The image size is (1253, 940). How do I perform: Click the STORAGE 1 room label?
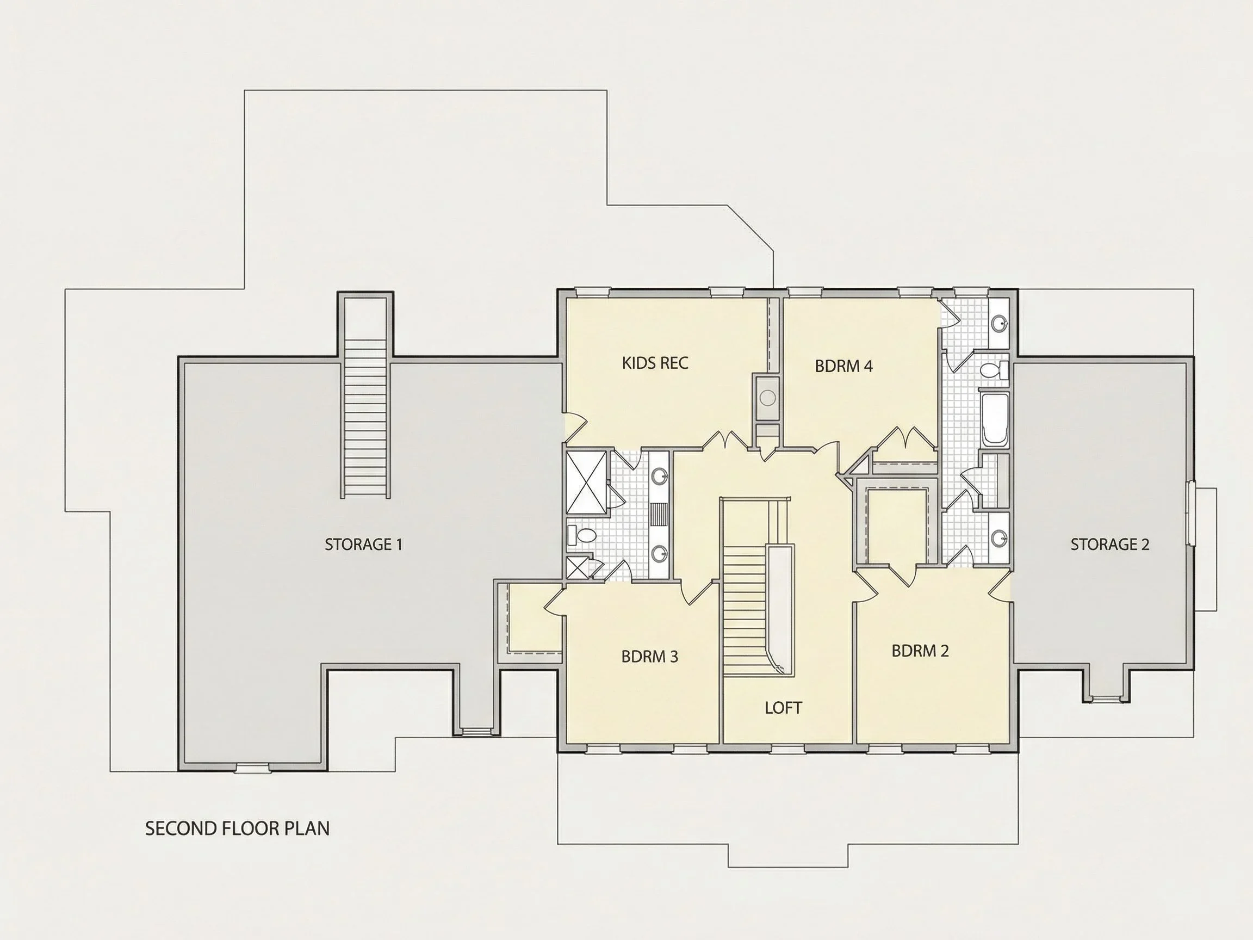[363, 545]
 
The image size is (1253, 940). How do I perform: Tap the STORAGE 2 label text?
[1109, 545]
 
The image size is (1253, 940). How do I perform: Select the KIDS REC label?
[655, 363]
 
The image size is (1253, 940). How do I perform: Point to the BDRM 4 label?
[843, 366]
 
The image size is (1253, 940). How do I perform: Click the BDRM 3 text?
[649, 657]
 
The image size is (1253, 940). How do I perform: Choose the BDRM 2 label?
[920, 651]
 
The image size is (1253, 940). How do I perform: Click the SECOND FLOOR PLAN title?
[237, 828]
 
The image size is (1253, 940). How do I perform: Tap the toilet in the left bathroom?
[583, 534]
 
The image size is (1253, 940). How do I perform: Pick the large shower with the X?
[586, 482]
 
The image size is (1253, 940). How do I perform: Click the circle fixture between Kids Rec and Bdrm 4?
[767, 398]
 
